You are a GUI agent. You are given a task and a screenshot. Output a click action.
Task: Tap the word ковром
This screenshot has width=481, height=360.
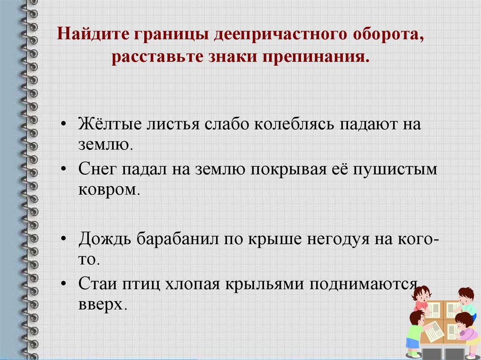(109, 190)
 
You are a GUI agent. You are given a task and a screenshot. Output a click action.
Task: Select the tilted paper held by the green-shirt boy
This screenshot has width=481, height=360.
(435, 330)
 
